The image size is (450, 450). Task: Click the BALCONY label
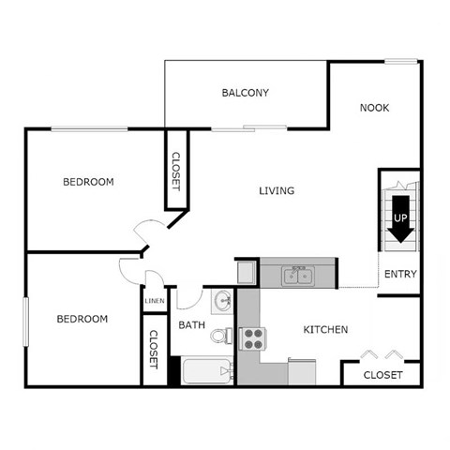(x=246, y=93)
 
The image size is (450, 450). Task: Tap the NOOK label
(x=374, y=108)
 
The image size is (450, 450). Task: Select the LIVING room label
(x=277, y=191)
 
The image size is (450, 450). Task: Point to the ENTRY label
(x=400, y=275)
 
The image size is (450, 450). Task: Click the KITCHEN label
(x=326, y=330)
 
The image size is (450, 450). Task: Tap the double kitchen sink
(x=300, y=275)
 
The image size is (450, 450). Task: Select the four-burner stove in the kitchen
(x=253, y=338)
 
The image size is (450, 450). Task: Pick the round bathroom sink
(x=223, y=302)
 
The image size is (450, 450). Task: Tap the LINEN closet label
(x=155, y=302)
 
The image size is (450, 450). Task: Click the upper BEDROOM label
(x=88, y=182)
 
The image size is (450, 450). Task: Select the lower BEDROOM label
(x=82, y=319)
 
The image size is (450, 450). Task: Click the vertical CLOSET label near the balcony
(x=175, y=172)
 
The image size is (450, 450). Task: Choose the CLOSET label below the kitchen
(x=382, y=375)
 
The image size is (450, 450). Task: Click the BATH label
(x=192, y=325)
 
